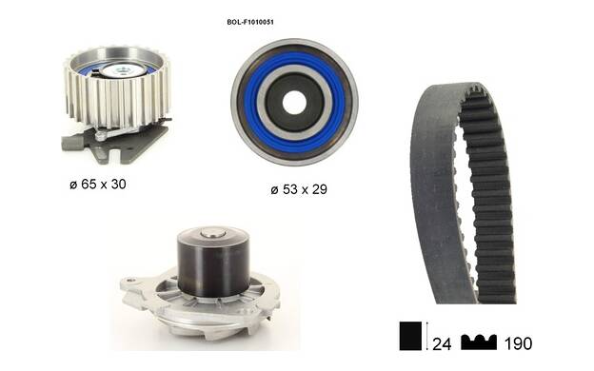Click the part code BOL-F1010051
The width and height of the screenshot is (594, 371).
click(250, 22)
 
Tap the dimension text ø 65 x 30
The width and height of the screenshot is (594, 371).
click(98, 185)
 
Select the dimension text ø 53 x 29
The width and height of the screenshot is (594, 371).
click(299, 189)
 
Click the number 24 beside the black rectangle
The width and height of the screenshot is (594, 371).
click(442, 343)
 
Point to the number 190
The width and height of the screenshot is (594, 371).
click(518, 343)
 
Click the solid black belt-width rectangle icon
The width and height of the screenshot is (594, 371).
click(410, 336)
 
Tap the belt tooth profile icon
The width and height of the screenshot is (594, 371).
click(479, 342)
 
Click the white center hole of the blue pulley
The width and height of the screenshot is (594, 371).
click(294, 102)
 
